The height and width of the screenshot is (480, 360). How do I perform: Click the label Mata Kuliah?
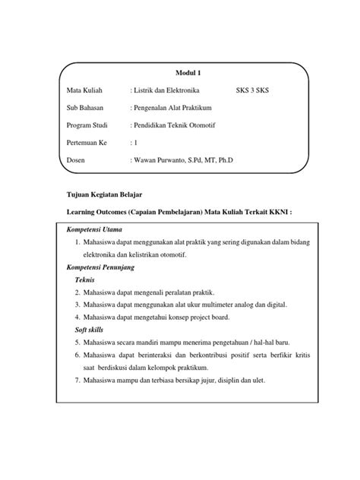[x=85, y=90]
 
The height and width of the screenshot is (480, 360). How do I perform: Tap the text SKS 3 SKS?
[x=257, y=90]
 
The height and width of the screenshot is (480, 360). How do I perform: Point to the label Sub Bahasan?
[x=86, y=108]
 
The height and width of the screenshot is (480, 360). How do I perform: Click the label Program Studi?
[x=88, y=125]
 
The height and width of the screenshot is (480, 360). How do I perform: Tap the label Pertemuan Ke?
[x=88, y=142]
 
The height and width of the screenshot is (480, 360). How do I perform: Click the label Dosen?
[x=77, y=160]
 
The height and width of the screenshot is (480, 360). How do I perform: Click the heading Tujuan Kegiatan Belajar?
[x=102, y=195]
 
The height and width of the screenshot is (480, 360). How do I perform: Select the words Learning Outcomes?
[x=96, y=213]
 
